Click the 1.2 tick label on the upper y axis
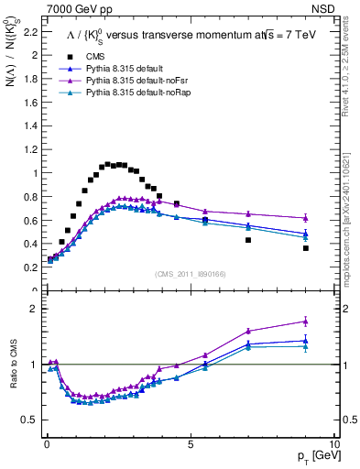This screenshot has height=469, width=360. (28, 149)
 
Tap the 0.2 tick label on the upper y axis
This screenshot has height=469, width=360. (28, 267)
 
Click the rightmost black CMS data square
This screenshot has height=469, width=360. (306, 248)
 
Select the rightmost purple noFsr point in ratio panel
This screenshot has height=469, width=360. (306, 322)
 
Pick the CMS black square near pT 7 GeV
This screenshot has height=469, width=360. (248, 240)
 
